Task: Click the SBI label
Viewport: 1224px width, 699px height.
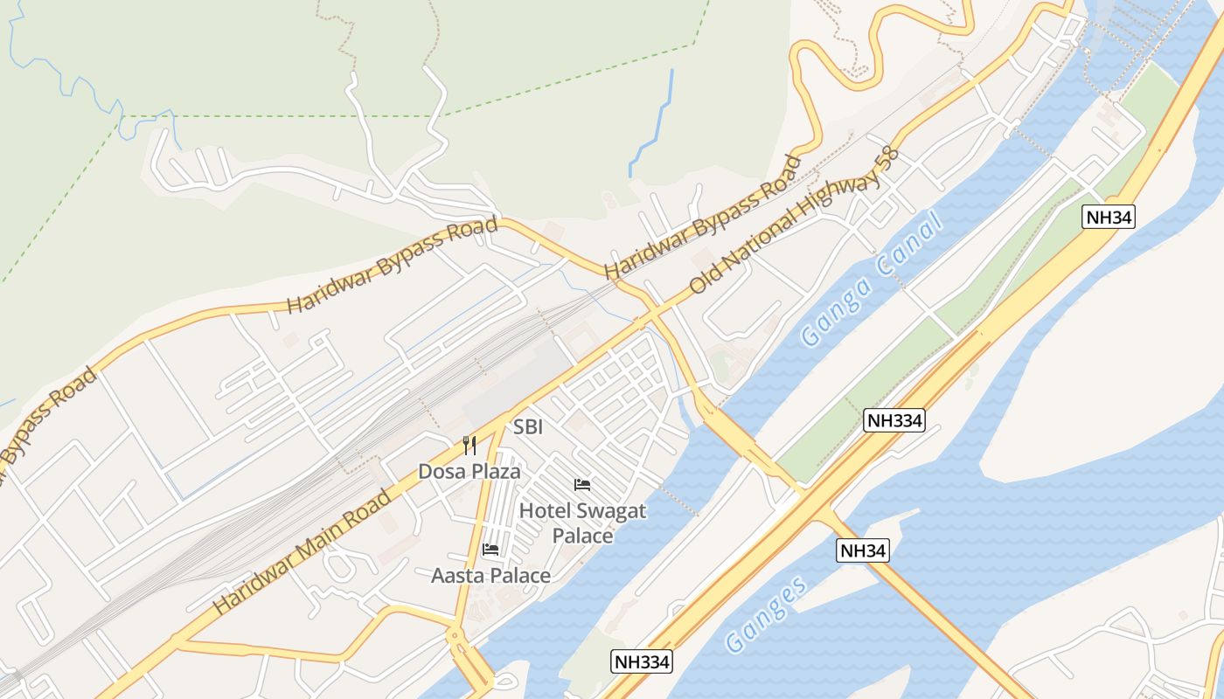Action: tap(528, 427)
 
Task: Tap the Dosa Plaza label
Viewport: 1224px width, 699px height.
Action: tap(469, 472)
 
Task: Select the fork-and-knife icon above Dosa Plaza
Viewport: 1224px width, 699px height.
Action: tap(469, 446)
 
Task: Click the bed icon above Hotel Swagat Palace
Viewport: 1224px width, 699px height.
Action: tap(582, 485)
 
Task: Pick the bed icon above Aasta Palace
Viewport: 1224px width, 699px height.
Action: tap(490, 550)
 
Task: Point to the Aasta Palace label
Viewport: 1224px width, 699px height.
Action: tap(490, 576)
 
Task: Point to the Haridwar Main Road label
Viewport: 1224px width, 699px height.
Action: tap(302, 552)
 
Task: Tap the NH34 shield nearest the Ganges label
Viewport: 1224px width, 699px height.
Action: tap(862, 550)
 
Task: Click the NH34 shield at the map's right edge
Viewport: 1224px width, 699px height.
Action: tap(1109, 218)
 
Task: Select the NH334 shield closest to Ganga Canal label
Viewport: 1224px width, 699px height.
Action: tap(894, 420)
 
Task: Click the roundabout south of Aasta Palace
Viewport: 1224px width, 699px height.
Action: tap(456, 635)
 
